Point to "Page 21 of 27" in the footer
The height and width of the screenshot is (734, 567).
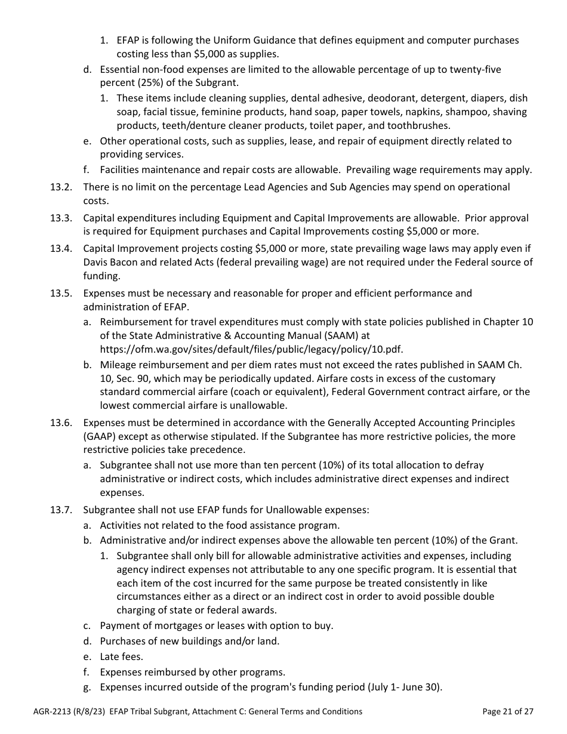pos(507,711)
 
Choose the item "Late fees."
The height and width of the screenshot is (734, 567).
pos(121,657)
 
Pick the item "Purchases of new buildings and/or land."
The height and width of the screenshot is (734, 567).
pos(190,642)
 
